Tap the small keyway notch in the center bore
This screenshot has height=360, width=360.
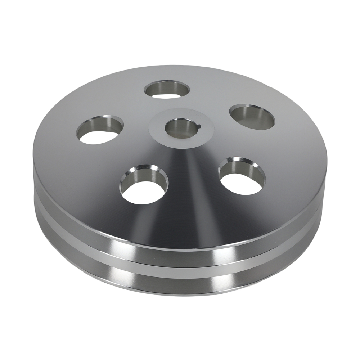click(197, 126)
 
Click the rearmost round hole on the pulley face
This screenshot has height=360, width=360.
click(167, 89)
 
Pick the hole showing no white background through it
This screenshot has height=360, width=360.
click(252, 117)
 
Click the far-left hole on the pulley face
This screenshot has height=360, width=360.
click(99, 130)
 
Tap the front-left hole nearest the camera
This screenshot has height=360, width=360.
click(144, 185)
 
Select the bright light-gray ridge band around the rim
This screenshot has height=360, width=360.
click(180, 267)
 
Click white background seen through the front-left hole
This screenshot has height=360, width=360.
click(144, 193)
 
